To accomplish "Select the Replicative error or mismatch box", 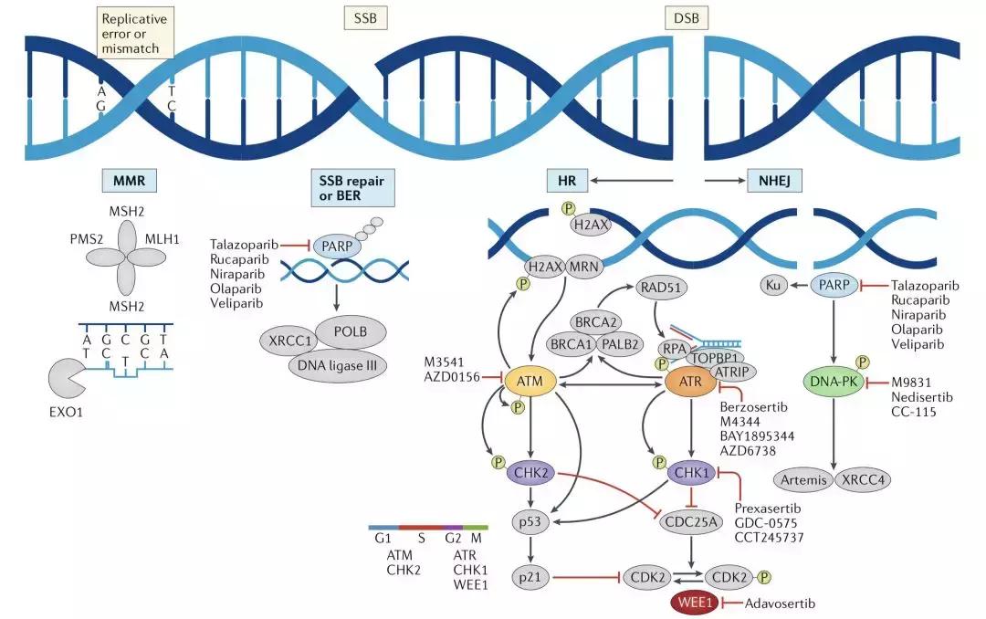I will coord(134,32).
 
